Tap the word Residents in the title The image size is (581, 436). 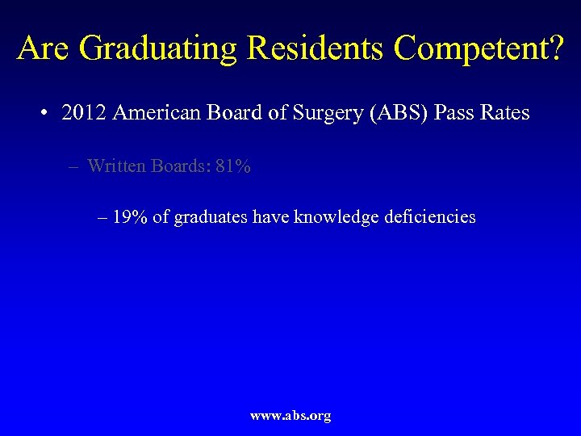point(317,48)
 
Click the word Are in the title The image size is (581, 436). point(46,48)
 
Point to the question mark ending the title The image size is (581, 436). point(554,48)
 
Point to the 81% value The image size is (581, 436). point(232,166)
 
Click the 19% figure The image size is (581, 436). point(130,217)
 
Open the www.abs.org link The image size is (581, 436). point(290,416)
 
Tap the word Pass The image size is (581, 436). point(454,113)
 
